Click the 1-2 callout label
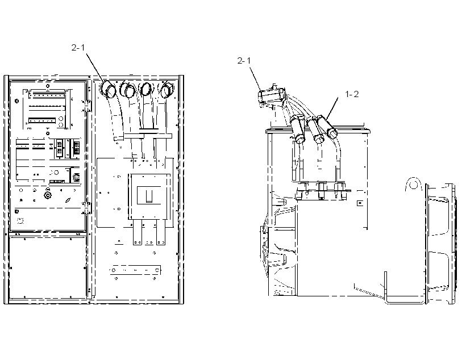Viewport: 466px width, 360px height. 352,94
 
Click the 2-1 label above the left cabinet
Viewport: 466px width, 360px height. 78,48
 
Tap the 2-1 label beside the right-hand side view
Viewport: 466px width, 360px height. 244,61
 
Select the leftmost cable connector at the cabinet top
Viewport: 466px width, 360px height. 107,89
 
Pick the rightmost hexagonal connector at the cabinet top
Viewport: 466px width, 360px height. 167,89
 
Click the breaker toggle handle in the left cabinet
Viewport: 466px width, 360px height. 148,196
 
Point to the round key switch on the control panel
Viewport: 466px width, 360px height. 48,195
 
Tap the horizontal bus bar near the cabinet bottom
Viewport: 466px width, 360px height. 135,270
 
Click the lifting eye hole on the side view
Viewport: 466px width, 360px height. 413,185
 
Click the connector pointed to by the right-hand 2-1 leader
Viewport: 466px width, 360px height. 271,96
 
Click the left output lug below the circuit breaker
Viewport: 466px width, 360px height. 137,232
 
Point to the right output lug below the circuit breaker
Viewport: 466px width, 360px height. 161,232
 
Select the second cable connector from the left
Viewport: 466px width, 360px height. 127,89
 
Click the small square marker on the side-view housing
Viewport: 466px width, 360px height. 360,203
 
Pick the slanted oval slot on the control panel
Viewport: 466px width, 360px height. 68,200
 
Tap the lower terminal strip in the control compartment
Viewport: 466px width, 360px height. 42,121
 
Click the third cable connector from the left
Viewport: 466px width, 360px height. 145,89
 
